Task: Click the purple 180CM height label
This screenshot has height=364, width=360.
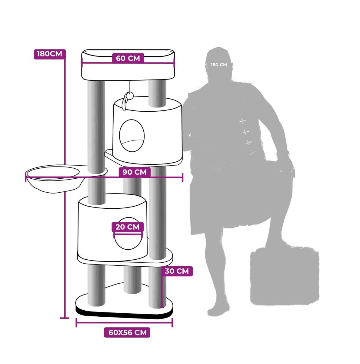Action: pyautogui.click(x=50, y=54)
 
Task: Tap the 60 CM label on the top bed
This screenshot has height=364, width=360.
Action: pyautogui.click(x=128, y=58)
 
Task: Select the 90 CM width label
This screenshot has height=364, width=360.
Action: pyautogui.click(x=135, y=172)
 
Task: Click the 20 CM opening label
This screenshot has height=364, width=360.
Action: pyautogui.click(x=128, y=227)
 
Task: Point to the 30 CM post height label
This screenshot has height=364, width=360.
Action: pyautogui.click(x=177, y=271)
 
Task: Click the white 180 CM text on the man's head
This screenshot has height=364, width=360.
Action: pyautogui.click(x=219, y=65)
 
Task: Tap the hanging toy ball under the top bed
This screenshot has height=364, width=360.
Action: pyautogui.click(x=129, y=94)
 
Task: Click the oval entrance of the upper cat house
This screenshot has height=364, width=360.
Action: pyautogui.click(x=132, y=135)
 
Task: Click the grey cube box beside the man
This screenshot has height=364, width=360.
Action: pyautogui.click(x=284, y=275)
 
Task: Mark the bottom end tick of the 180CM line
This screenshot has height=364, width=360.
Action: pyautogui.click(x=64, y=318)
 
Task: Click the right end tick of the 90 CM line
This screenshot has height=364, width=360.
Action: pyautogui.click(x=182, y=177)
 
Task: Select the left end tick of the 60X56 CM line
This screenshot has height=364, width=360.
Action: pyautogui.click(x=76, y=322)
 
